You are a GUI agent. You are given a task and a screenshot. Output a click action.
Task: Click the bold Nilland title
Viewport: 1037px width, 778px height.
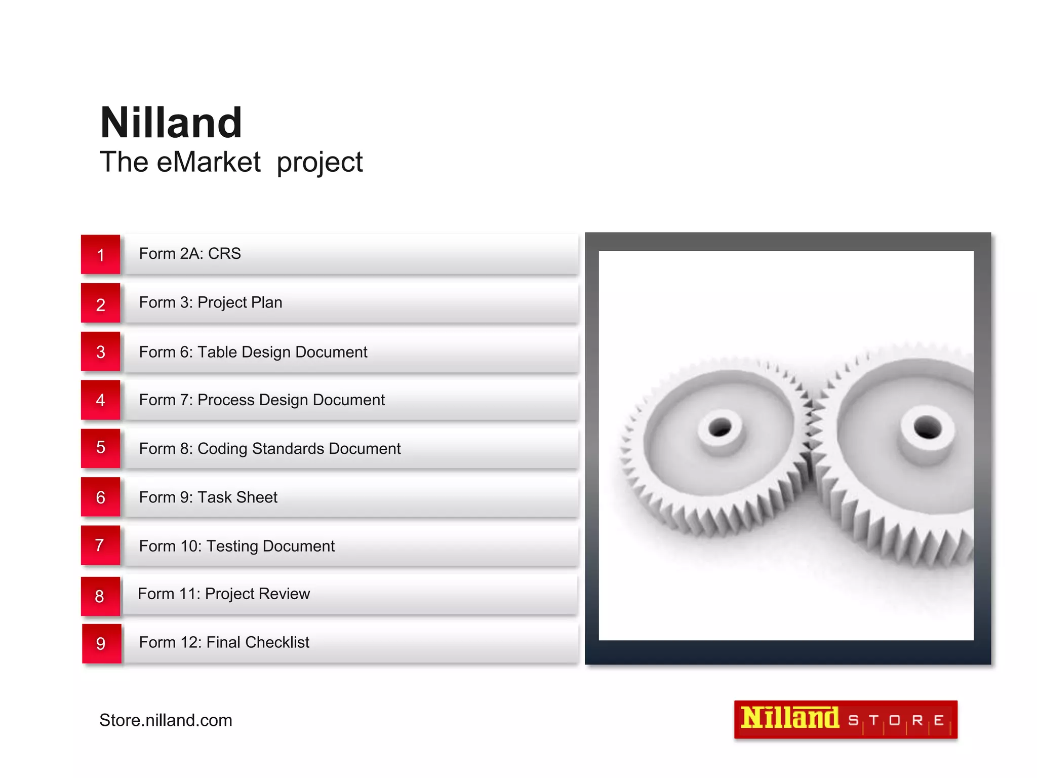point(171,123)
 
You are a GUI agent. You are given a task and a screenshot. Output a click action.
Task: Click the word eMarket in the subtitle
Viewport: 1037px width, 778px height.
point(209,163)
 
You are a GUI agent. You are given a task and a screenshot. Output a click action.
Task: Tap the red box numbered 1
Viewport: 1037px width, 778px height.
point(101,254)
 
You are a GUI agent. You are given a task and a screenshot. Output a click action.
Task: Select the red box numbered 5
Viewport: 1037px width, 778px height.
point(101,448)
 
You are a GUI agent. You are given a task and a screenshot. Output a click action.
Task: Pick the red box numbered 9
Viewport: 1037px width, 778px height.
point(101,643)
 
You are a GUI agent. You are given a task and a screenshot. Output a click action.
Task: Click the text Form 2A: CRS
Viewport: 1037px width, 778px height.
point(190,253)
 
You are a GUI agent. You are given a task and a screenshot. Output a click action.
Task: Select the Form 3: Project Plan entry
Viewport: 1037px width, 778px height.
point(211,302)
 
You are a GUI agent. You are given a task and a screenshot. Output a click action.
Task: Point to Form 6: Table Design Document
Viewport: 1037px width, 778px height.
point(253,352)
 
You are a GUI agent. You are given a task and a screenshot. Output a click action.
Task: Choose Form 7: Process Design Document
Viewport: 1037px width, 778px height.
point(262,400)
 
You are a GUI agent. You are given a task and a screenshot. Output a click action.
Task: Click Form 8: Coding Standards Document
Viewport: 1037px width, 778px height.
point(269,448)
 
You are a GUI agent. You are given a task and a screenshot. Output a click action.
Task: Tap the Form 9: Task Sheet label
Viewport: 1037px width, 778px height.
point(208,497)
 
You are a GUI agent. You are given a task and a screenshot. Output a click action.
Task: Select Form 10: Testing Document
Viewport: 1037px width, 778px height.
point(236,546)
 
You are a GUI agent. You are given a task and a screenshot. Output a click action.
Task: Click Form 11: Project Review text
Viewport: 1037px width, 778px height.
point(224,594)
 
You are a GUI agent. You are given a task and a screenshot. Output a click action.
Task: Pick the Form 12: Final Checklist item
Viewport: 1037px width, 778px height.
point(224,642)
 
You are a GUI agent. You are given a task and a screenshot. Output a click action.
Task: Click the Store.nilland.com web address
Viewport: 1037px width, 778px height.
point(166,720)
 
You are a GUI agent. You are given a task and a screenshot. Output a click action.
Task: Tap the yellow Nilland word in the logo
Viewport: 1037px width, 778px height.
point(789,718)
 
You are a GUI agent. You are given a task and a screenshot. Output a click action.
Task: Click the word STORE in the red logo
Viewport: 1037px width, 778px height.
point(896,720)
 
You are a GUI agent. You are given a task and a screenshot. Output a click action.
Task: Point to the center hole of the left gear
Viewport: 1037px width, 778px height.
point(720,428)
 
